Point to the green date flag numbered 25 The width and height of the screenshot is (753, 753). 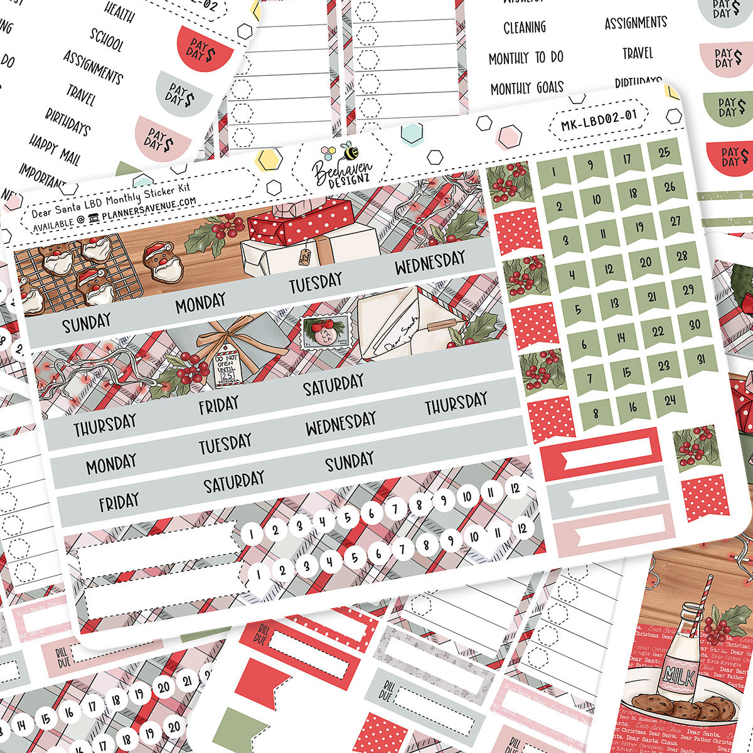pos(665,153)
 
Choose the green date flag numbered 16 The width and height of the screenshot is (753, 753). pos(633,408)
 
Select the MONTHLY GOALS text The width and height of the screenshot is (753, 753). pos(527,88)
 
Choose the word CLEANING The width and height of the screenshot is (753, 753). pos(525,28)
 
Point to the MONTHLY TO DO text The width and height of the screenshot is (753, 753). pos(526,58)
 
